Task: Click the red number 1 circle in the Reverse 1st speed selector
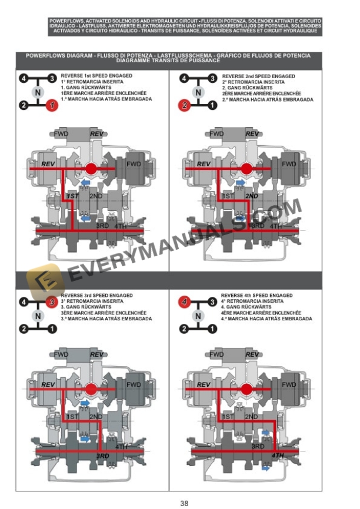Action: click(51, 106)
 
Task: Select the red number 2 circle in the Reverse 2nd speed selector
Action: click(185, 106)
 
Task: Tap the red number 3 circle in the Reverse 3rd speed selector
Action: click(51, 303)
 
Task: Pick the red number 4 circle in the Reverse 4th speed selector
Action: click(185, 303)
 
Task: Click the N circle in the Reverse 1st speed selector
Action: click(37, 92)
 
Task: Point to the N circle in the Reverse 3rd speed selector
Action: click(37, 316)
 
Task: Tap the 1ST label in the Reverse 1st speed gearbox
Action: click(72, 196)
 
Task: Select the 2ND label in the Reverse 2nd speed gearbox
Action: click(252, 196)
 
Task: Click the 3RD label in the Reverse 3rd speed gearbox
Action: click(102, 456)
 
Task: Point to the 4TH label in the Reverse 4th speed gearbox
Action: click(278, 456)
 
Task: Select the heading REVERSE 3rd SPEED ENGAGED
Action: click(97, 295)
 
